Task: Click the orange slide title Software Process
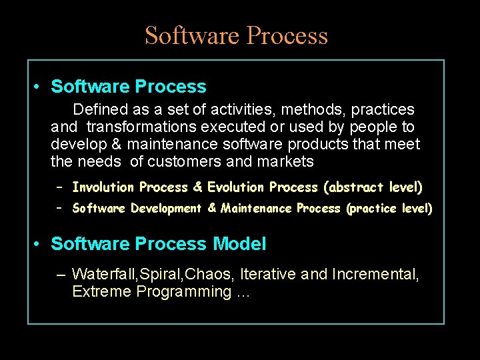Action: point(236,35)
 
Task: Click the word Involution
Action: point(103,187)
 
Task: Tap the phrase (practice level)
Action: point(389,209)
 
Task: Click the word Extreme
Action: point(101,291)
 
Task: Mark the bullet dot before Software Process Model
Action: point(39,245)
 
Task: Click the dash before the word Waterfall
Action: point(61,274)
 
